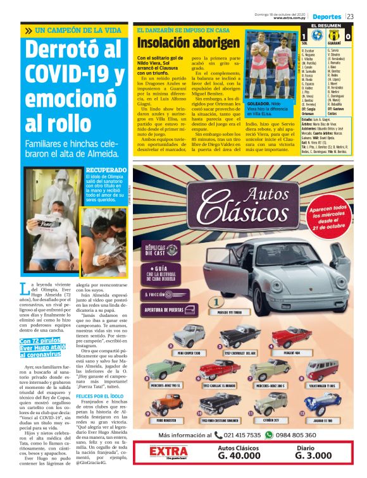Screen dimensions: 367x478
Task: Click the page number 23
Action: (358, 16)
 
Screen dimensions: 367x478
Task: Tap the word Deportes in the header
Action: (327, 16)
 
